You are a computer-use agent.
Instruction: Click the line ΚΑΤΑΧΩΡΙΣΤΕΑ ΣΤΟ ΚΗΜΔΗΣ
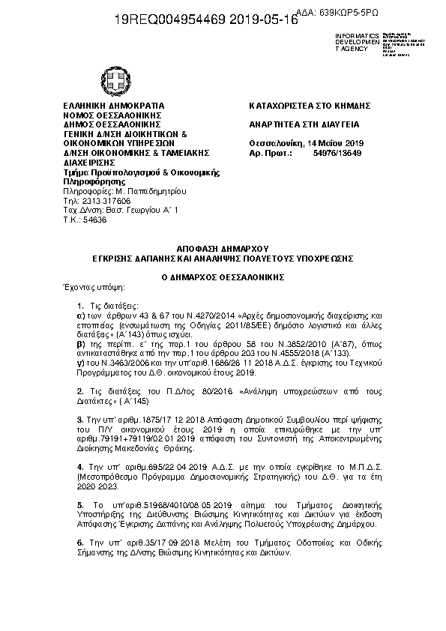310,106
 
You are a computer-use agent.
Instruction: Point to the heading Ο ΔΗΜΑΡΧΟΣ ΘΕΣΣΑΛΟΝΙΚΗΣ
222,276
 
